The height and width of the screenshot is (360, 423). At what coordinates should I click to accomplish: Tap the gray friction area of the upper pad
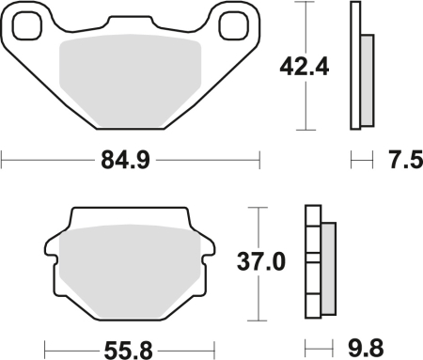click(131, 80)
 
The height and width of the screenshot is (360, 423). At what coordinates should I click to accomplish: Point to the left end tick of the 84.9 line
click(2, 161)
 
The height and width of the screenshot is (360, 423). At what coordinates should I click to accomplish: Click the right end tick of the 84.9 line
click(260, 161)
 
